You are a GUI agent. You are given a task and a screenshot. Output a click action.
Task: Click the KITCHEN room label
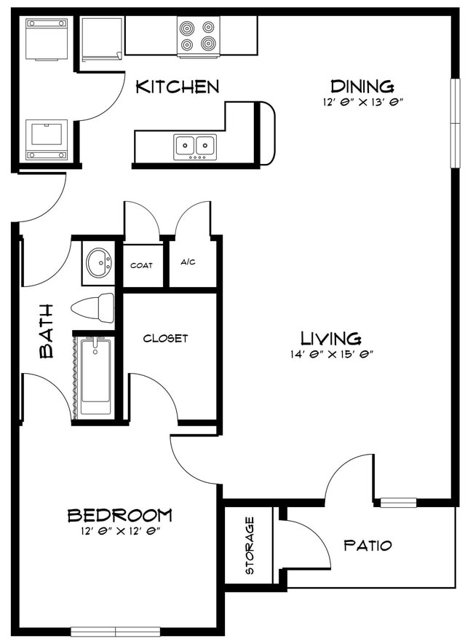pos(178,87)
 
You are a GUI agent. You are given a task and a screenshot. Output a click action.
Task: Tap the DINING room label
pos(362,86)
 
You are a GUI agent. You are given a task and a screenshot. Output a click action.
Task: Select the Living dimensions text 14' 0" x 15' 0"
pos(331,355)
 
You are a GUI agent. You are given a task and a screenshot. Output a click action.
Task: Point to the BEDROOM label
pos(120,516)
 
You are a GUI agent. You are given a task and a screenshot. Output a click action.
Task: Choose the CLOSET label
pos(165,338)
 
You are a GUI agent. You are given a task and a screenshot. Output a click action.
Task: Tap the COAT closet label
pos(141,265)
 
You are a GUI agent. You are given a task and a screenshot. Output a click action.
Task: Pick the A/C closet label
pos(188,262)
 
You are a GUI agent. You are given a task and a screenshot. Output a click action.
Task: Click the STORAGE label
pos(250,546)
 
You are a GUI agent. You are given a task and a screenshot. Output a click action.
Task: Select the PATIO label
pos(367,545)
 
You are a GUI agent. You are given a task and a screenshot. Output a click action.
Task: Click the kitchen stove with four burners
pos(198,36)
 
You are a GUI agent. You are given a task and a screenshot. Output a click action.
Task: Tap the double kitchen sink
pos(196,146)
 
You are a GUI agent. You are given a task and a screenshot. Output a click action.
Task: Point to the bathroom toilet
pos(95,307)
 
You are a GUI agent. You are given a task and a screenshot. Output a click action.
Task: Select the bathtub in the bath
pos(94,374)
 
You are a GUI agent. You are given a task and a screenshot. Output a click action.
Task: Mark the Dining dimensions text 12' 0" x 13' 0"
pos(362,103)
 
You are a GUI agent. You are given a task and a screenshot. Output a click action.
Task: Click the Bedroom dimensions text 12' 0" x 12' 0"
pos(120,532)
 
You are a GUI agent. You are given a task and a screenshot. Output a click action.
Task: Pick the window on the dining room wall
pos(456,122)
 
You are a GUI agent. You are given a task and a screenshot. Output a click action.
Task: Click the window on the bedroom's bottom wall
pos(116,632)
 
